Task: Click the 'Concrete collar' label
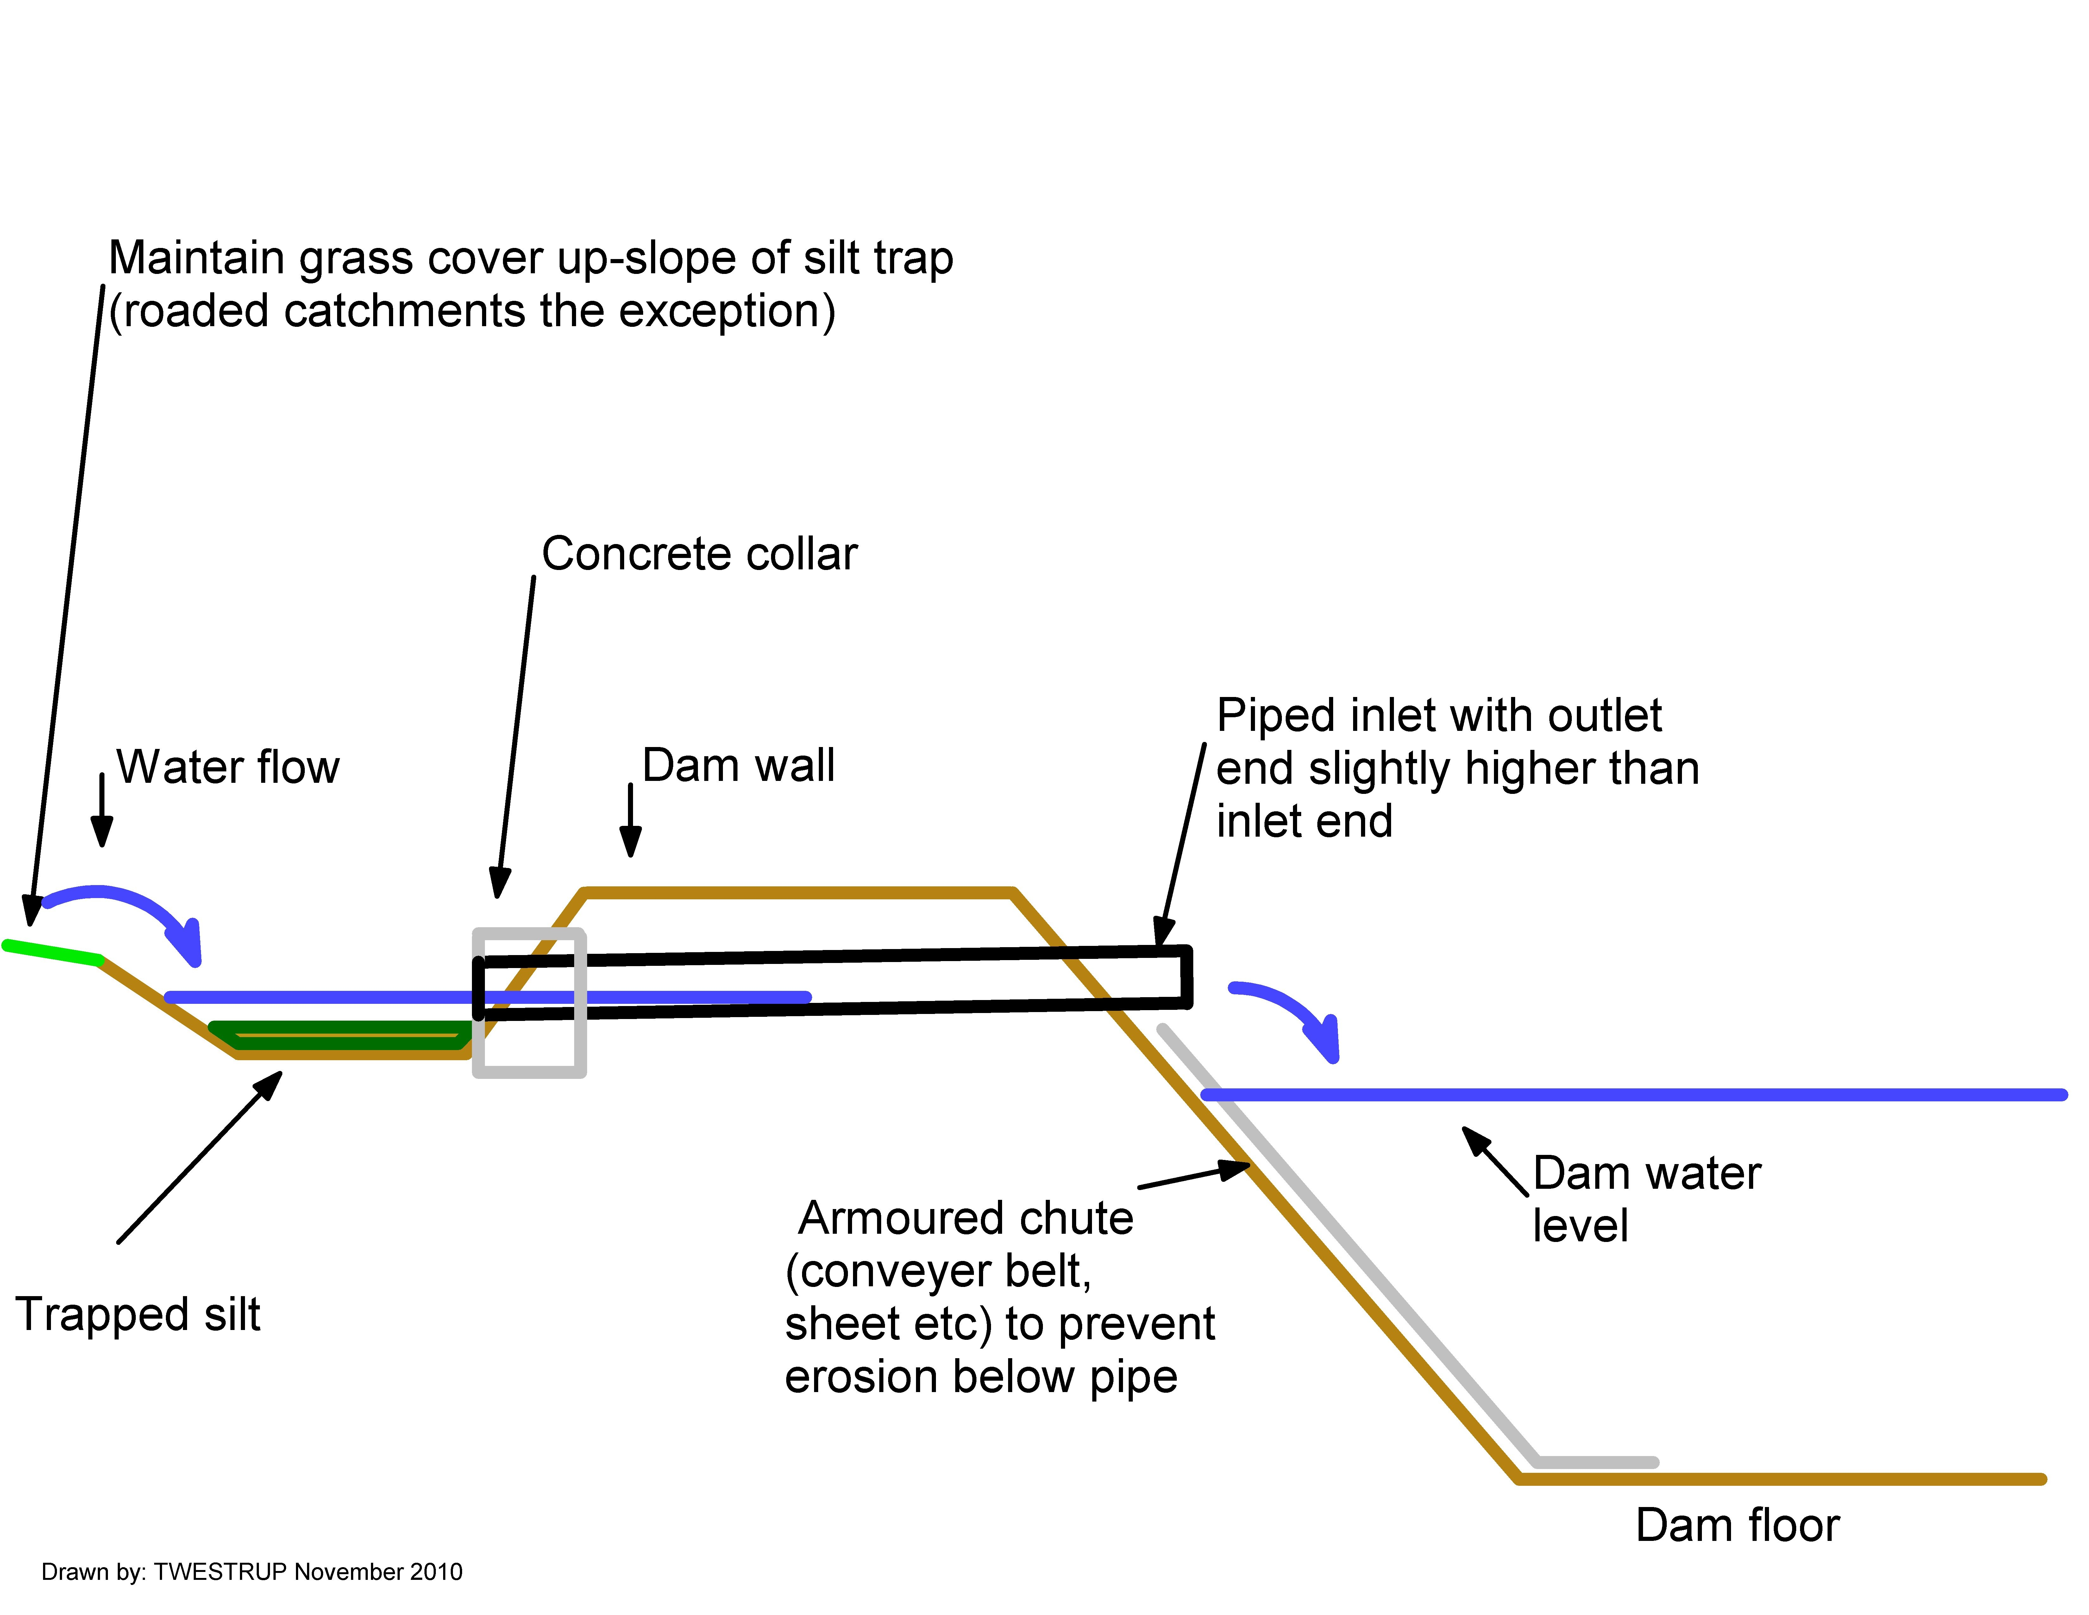[699, 554]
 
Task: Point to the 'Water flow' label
[228, 767]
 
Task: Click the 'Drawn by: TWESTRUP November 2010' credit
[252, 1572]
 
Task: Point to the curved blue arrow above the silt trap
[124, 909]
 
